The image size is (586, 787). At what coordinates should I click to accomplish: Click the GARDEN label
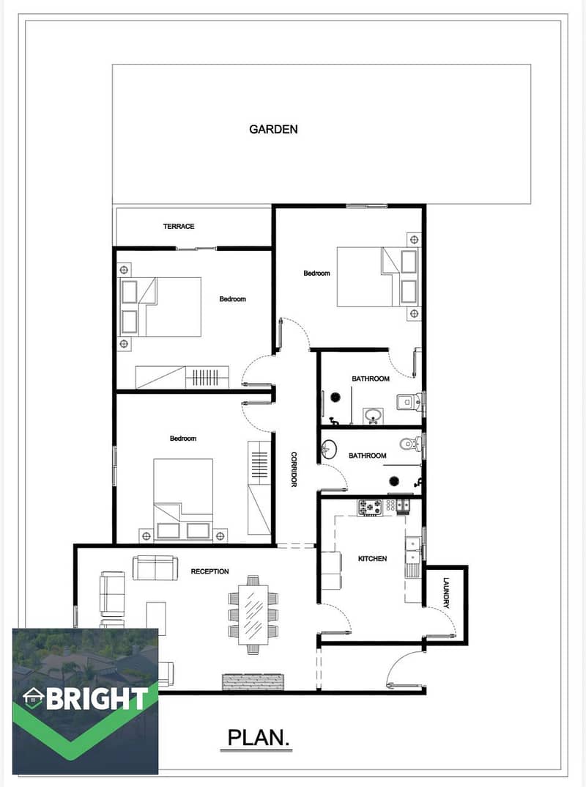(273, 129)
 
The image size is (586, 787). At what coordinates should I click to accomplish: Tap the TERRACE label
(179, 227)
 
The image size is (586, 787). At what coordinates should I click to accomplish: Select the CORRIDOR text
(294, 469)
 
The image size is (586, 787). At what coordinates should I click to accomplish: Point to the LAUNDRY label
(446, 593)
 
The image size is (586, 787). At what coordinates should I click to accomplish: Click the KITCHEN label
(372, 558)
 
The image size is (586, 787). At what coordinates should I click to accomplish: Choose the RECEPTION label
(209, 571)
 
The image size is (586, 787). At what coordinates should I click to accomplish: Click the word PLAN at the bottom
(259, 737)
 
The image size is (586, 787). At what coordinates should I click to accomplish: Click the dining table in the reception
(253, 614)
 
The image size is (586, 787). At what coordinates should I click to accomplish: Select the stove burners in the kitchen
(369, 508)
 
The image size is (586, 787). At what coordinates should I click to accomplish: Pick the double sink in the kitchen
(413, 550)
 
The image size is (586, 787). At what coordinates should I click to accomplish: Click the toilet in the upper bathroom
(409, 401)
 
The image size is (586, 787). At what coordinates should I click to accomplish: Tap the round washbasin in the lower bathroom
(328, 449)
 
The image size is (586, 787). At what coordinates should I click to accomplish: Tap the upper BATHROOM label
(371, 378)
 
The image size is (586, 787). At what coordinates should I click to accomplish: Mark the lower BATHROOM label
(368, 455)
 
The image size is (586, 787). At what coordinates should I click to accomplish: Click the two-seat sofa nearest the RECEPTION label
(155, 568)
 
